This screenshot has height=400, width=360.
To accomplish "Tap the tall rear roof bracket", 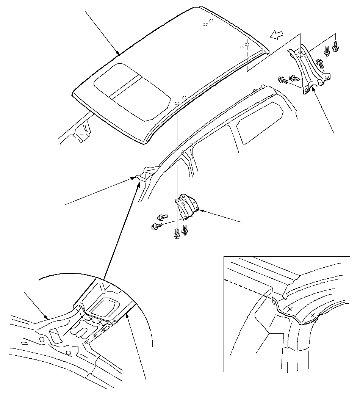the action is point(309,68).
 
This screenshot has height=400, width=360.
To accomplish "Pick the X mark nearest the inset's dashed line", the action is point(290,310).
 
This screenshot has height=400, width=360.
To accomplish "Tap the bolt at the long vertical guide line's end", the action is point(177,234).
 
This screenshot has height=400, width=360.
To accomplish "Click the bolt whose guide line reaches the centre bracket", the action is point(155,226).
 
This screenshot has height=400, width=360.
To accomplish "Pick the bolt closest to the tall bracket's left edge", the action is point(294,79).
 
